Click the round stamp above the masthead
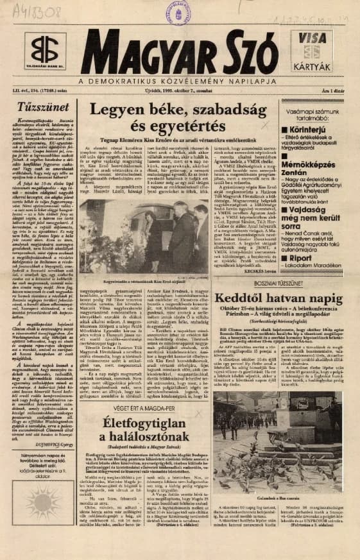coord(178,12)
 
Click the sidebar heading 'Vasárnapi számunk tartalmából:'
coord(296,105)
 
